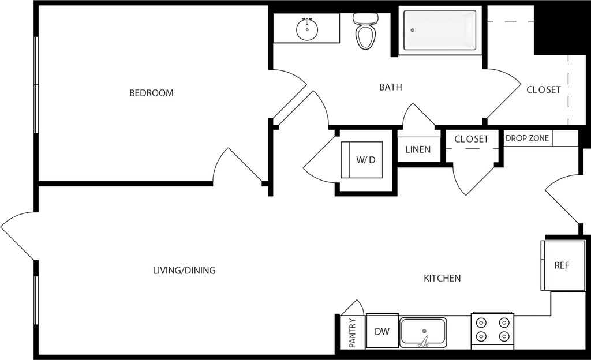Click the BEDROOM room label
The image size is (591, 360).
(152, 93)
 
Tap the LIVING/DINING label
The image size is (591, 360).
(184, 271)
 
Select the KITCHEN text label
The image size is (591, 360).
(442, 278)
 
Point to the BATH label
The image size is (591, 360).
(391, 87)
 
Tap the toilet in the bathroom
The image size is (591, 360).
(365, 31)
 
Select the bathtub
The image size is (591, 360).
(439, 30)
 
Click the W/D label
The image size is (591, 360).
(366, 160)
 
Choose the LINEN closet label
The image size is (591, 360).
(418, 149)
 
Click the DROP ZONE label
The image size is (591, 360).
(527, 138)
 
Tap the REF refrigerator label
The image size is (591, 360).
(562, 265)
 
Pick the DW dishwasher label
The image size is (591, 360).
(382, 331)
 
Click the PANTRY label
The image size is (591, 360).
(353, 333)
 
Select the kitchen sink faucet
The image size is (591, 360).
(424, 340)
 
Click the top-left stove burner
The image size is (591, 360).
(481, 322)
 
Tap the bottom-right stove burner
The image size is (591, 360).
(504, 336)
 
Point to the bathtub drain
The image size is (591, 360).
(412, 30)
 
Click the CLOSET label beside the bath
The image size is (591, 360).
(544, 89)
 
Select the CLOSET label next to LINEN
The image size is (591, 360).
(472, 139)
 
